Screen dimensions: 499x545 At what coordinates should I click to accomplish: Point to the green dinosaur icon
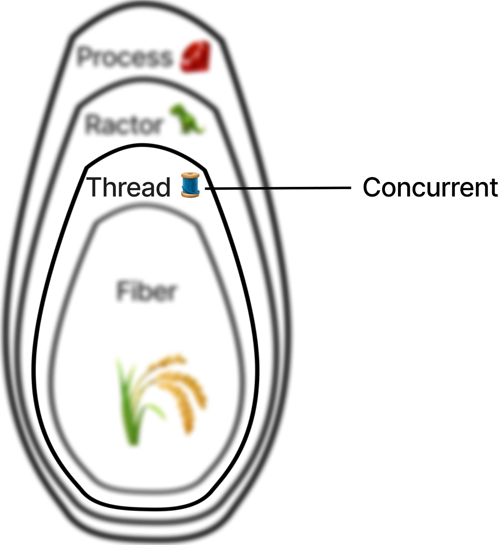[x=187, y=119]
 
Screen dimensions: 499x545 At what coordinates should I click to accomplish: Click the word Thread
[x=128, y=187]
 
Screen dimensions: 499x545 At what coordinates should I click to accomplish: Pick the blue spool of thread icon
[x=190, y=185]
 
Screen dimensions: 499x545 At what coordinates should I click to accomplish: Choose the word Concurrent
[x=430, y=187]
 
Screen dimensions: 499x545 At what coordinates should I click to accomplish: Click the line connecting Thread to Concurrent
[x=278, y=188]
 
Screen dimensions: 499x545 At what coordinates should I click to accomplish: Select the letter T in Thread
[x=94, y=187]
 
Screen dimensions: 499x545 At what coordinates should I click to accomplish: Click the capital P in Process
[x=85, y=57]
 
